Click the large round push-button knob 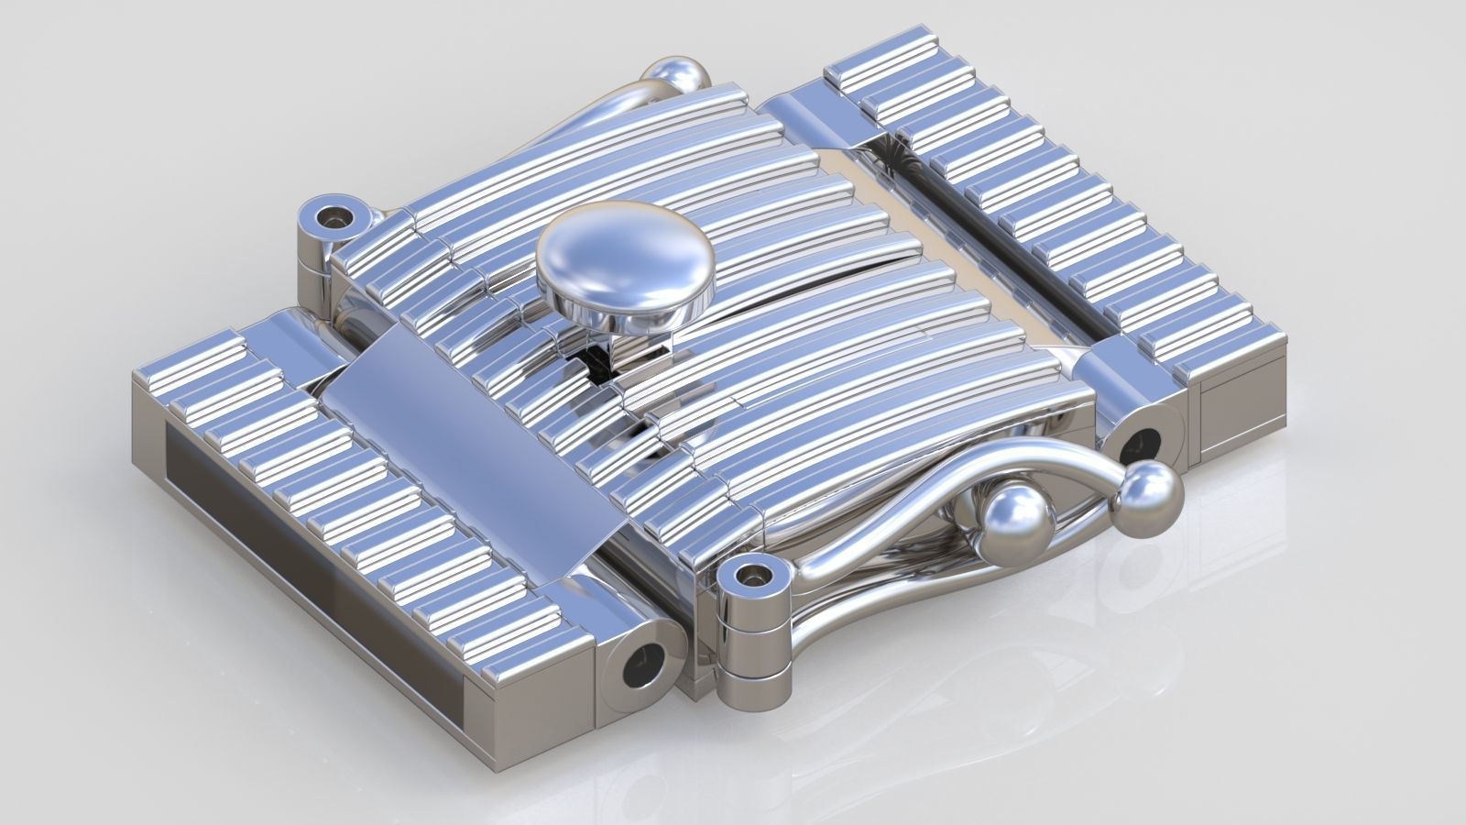point(625,254)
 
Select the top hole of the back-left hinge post point(331,218)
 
